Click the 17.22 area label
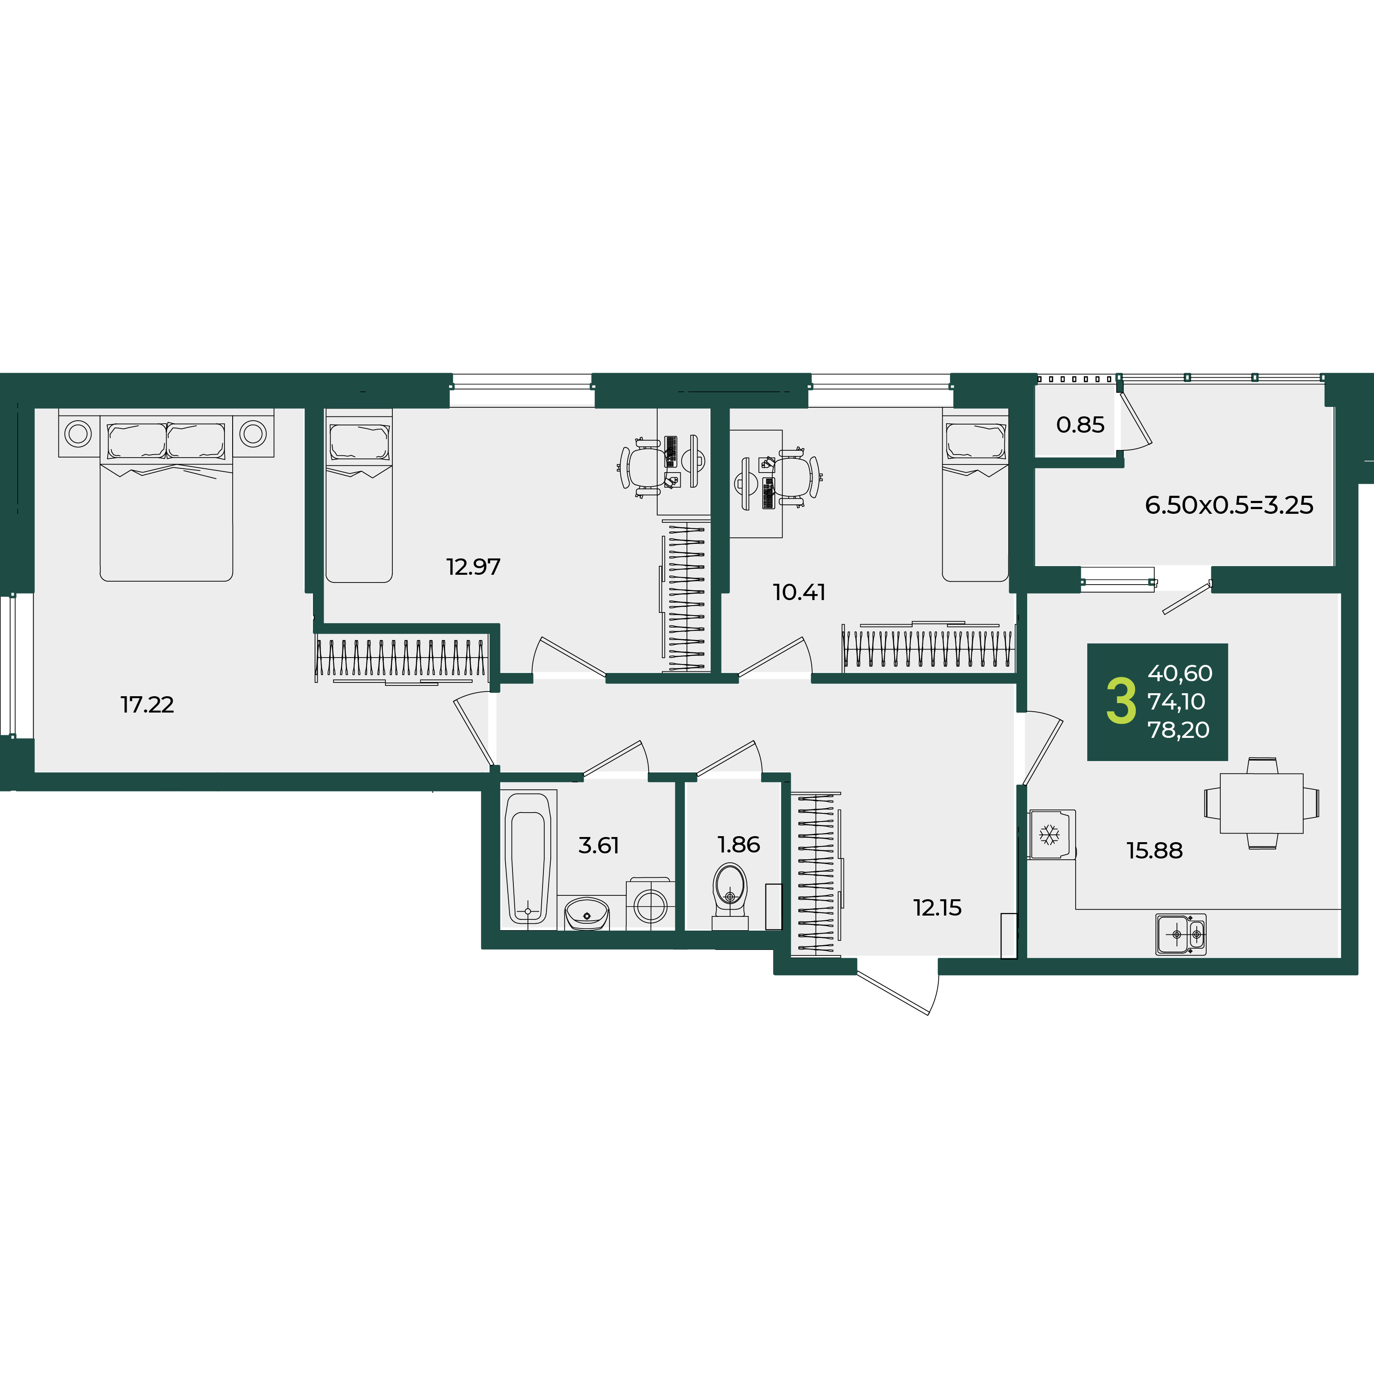pos(147,705)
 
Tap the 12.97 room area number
pos(473,567)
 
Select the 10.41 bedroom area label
pos(799,592)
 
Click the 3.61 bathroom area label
pos(599,846)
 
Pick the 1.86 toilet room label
pos(739,845)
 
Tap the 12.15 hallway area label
pos(937,907)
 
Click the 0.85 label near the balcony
pos(1080,425)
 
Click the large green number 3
pos(1122,702)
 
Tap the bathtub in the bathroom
pos(528,859)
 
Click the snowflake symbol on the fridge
pos(1049,835)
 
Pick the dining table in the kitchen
pos(1262,804)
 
